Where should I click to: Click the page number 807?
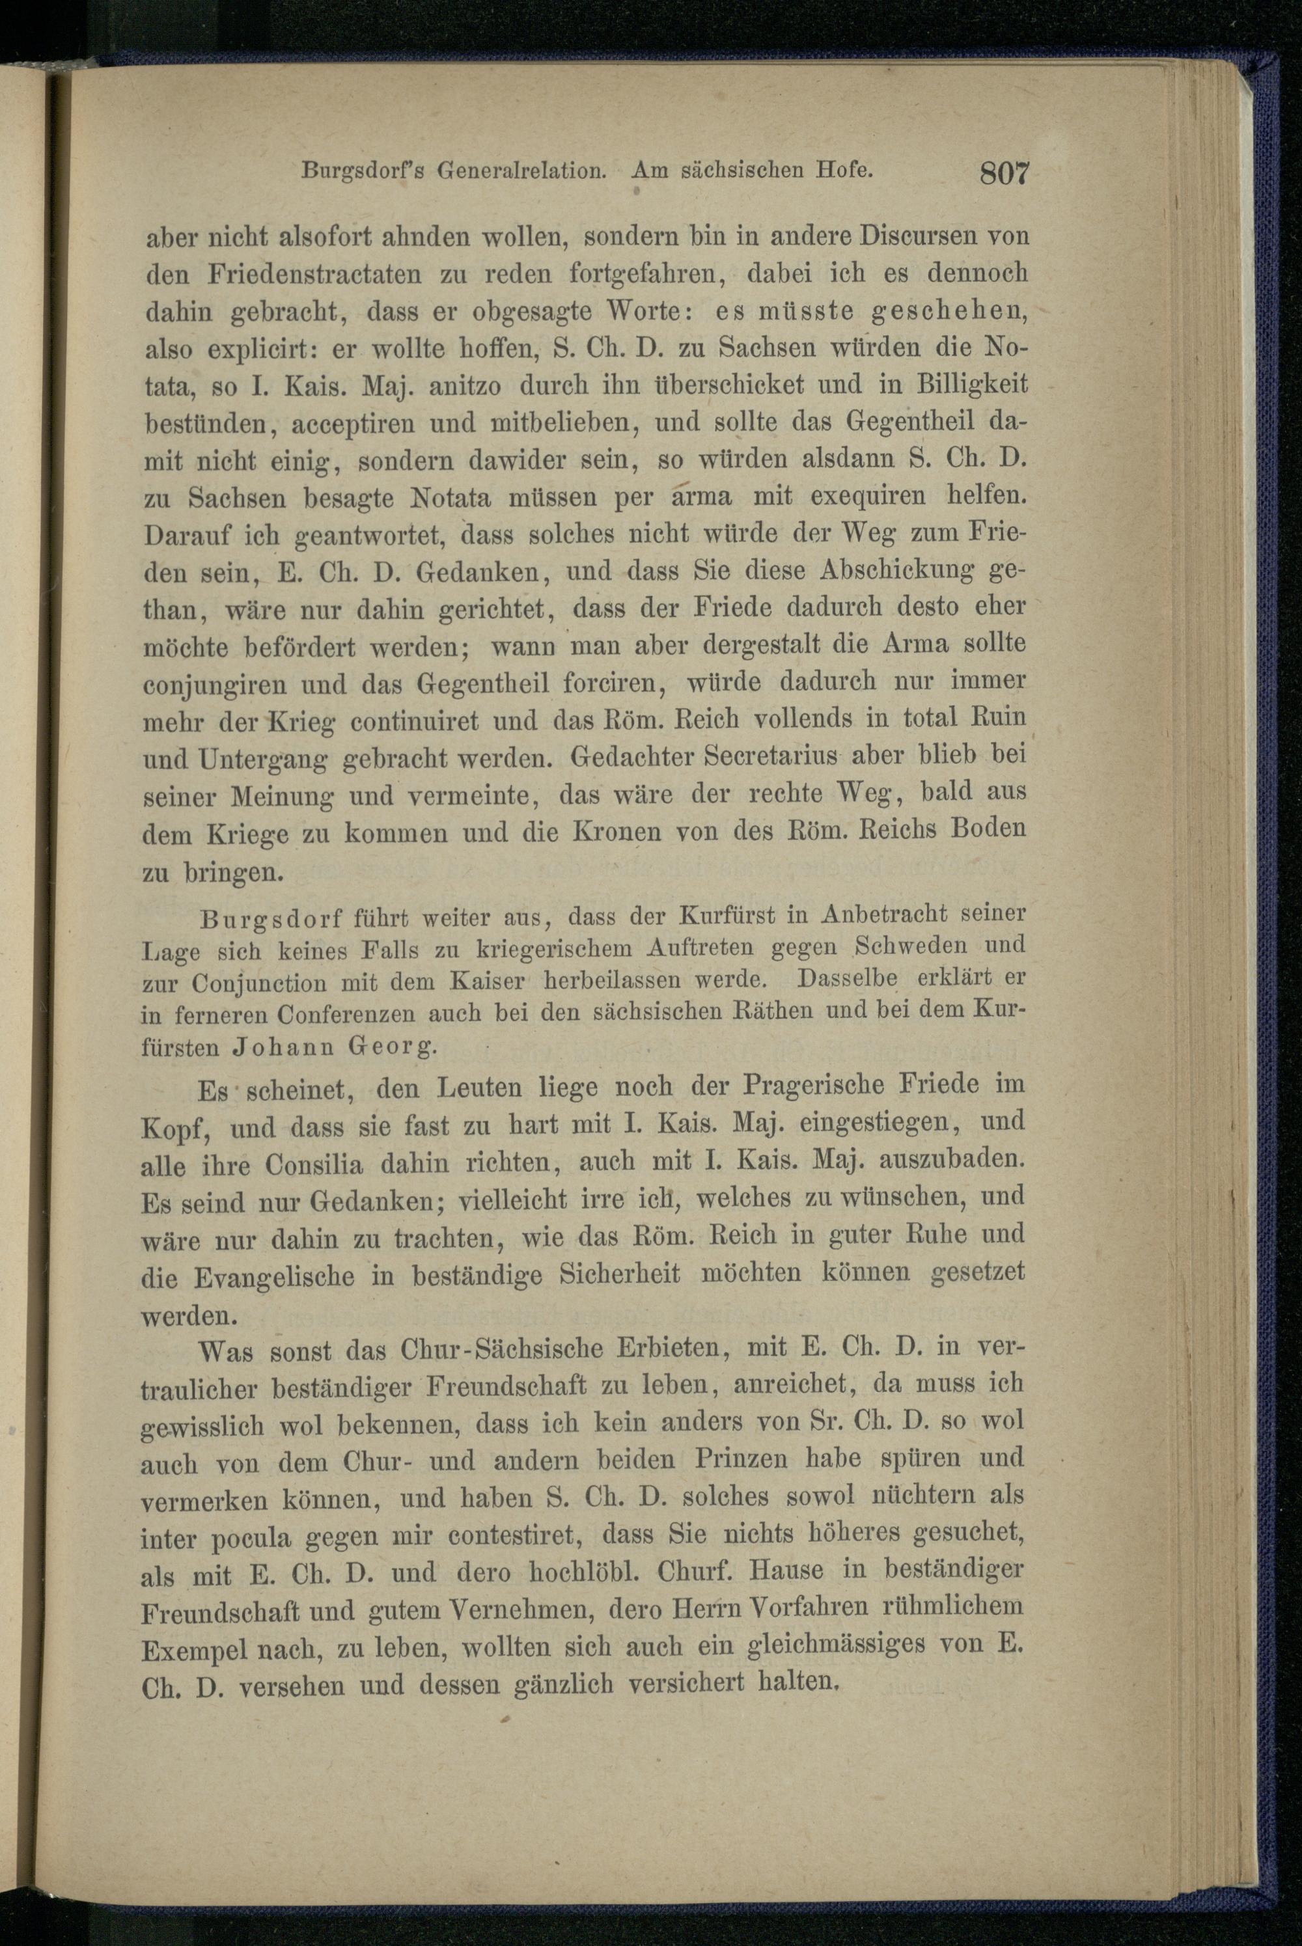point(1004,174)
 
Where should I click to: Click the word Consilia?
point(313,1165)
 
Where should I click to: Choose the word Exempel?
point(196,1649)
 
